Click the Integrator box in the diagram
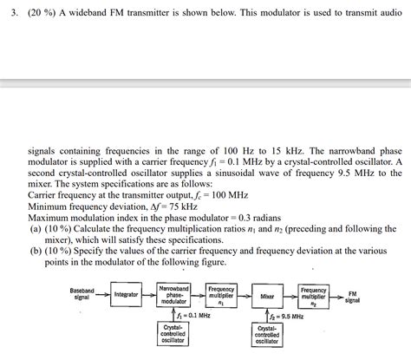pos(127,295)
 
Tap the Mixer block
pos(268,296)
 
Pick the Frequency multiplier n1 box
pos(221,295)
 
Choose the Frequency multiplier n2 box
pos(313,295)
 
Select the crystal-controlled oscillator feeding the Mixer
pos(268,335)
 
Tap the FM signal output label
pos(352,297)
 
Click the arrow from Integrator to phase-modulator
pos(149,295)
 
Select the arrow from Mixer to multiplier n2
pos(290,296)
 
